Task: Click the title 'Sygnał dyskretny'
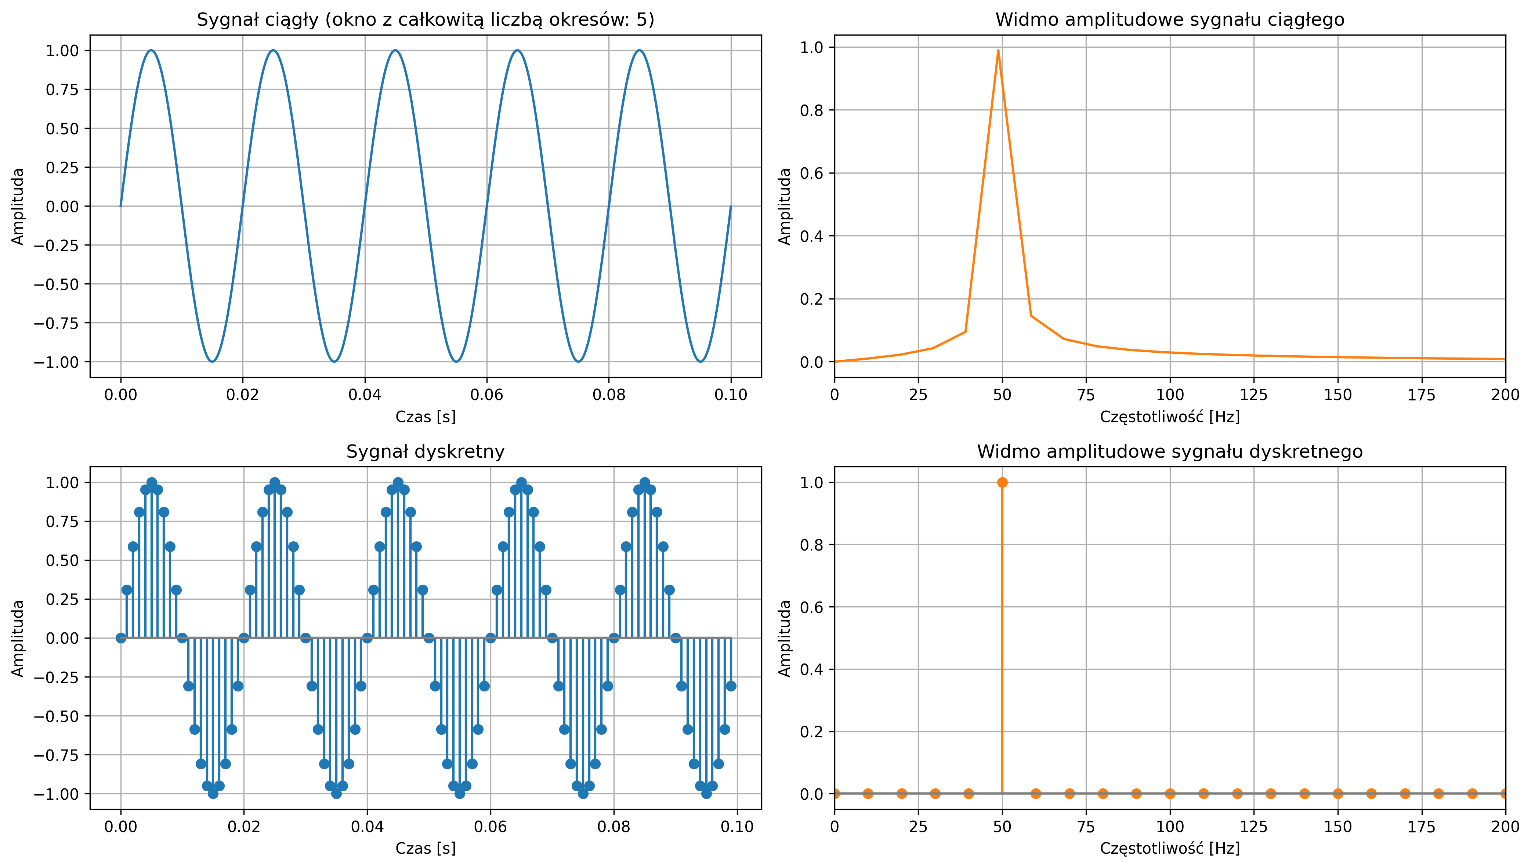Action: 425,452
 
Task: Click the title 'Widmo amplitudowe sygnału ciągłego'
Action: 1170,20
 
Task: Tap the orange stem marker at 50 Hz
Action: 1002,482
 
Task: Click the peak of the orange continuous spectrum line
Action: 998,51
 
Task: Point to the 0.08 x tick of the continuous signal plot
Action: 609,395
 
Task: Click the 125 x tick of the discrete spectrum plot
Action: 1254,827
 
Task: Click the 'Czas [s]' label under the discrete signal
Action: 425,848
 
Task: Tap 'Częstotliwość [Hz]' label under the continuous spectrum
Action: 1170,416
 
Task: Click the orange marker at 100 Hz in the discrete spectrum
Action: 1170,793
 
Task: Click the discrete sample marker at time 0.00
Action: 121,638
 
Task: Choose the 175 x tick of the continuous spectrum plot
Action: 1421,395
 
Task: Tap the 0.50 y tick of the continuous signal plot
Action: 62,129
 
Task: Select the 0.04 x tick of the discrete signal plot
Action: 367,827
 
